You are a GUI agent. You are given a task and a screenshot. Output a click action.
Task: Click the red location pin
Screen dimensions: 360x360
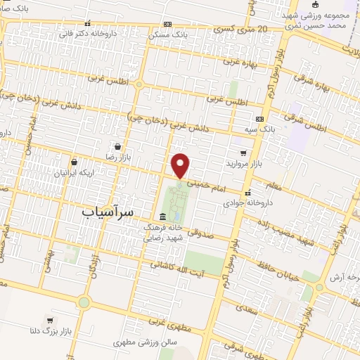coord(181,165)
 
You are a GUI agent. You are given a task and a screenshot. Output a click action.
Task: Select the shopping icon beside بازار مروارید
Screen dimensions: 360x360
coord(243,153)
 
